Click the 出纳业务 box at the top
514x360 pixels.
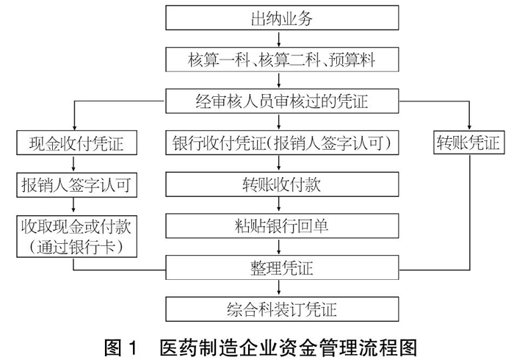coord(282,18)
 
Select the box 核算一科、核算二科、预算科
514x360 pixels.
coord(282,60)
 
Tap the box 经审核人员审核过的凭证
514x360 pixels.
coord(282,101)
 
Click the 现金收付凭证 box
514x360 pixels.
coord(76,143)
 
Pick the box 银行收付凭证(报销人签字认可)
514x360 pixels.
coord(282,143)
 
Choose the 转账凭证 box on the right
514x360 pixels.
coord(469,143)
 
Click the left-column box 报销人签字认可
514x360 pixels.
coord(76,185)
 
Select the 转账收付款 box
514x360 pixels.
coord(282,184)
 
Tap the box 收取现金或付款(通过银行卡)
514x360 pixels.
coord(76,237)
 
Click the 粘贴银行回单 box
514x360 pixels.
coord(282,226)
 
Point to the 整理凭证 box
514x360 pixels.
coord(282,267)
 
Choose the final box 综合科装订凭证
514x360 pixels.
coord(282,309)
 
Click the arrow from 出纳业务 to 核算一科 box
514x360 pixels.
coord(279,39)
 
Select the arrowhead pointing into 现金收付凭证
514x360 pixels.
coord(75,128)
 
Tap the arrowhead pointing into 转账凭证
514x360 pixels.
coord(469,128)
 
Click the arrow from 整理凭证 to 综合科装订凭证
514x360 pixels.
coord(279,289)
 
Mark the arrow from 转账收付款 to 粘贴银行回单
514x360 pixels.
coord(279,205)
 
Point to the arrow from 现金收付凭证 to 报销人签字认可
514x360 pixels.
coord(73,164)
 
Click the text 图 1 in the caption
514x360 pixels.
coord(120,348)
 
